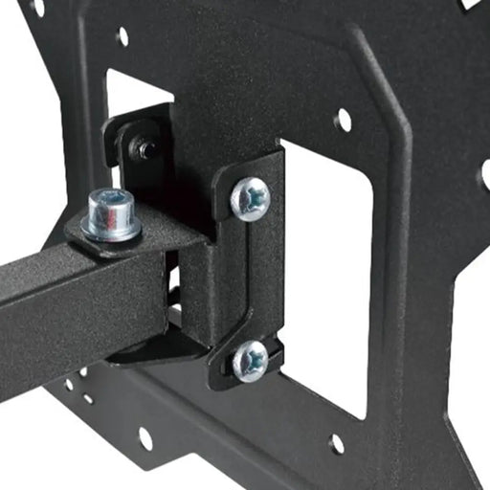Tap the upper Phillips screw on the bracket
pyautogui.click(x=251, y=197)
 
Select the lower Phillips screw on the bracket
pyautogui.click(x=251, y=360)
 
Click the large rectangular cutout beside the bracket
pyautogui.click(x=325, y=278)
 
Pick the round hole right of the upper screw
pyautogui.click(x=344, y=120)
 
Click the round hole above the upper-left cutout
pyautogui.click(x=122, y=37)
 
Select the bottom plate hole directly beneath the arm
pyautogui.click(x=145, y=438)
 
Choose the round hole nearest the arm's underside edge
pyautogui.click(x=70, y=385)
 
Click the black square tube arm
pyautogui.click(x=67, y=297)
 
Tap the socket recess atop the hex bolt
pyautogui.click(x=110, y=199)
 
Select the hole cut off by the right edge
pyautogui.click(x=485, y=172)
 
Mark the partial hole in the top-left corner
pyautogui.click(x=37, y=7)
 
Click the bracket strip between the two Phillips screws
pyautogui.click(x=251, y=278)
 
